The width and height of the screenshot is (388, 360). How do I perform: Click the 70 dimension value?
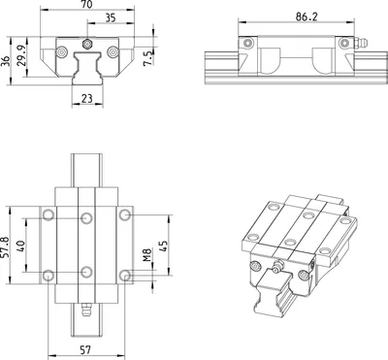tap(87, 4)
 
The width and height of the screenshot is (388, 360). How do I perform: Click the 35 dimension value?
tap(111, 17)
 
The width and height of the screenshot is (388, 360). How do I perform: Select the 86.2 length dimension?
tap(307, 16)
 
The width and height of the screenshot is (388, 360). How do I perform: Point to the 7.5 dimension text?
tap(148, 58)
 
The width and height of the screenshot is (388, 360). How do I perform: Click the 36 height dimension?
tap(5, 61)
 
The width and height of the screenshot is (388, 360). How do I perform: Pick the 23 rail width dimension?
tap(87, 98)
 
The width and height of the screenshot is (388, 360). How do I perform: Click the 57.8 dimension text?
tap(5, 247)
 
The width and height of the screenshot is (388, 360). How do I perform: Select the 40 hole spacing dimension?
tap(20, 245)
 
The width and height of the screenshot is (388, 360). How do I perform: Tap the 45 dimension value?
tap(164, 245)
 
